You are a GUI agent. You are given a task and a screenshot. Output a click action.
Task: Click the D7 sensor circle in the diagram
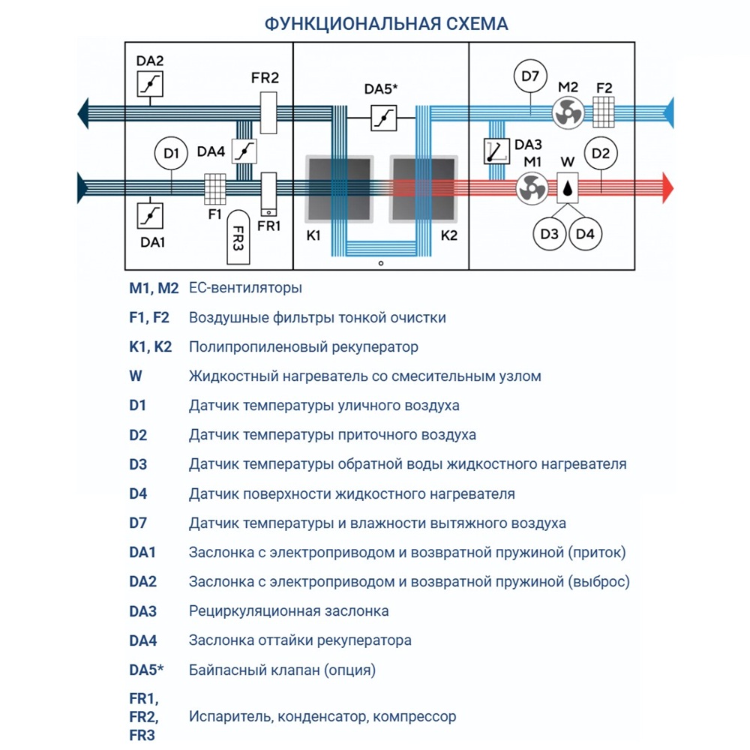pos(530,77)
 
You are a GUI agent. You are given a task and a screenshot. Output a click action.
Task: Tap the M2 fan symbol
pos(567,112)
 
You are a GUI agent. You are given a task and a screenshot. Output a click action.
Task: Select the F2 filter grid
pos(605,112)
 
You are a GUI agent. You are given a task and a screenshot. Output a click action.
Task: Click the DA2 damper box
pos(150,83)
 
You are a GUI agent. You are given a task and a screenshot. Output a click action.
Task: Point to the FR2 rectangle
pos(268,112)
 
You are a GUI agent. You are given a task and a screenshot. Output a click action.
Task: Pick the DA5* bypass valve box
pos(383,117)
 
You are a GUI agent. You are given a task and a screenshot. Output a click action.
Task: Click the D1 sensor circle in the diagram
pos(171,154)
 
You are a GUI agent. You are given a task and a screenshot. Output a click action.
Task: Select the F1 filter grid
pos(215,190)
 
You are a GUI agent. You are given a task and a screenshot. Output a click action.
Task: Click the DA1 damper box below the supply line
pos(150,215)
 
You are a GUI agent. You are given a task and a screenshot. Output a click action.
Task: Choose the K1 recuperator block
pos(337,190)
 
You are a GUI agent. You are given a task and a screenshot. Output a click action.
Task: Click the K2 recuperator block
pos(424,190)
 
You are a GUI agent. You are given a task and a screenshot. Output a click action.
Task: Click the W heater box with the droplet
pos(571,187)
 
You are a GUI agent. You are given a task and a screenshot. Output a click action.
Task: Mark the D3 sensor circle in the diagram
pos(550,235)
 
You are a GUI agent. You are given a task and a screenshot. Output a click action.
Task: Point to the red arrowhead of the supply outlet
pos(668,187)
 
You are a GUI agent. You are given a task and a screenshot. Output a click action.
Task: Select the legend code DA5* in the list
pos(146,670)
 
